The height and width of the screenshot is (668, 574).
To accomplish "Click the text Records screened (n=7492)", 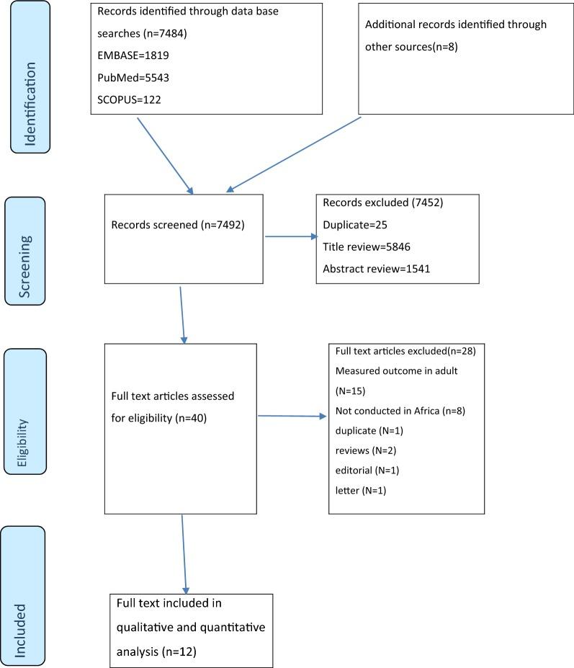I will pyautogui.click(x=178, y=225).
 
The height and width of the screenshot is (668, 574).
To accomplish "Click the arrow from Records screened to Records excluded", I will pyautogui.click(x=290, y=236).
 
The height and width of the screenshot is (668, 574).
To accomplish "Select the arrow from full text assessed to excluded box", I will pyautogui.click(x=292, y=416).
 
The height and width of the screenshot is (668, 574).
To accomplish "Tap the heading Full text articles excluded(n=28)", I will pyautogui.click(x=405, y=351).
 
